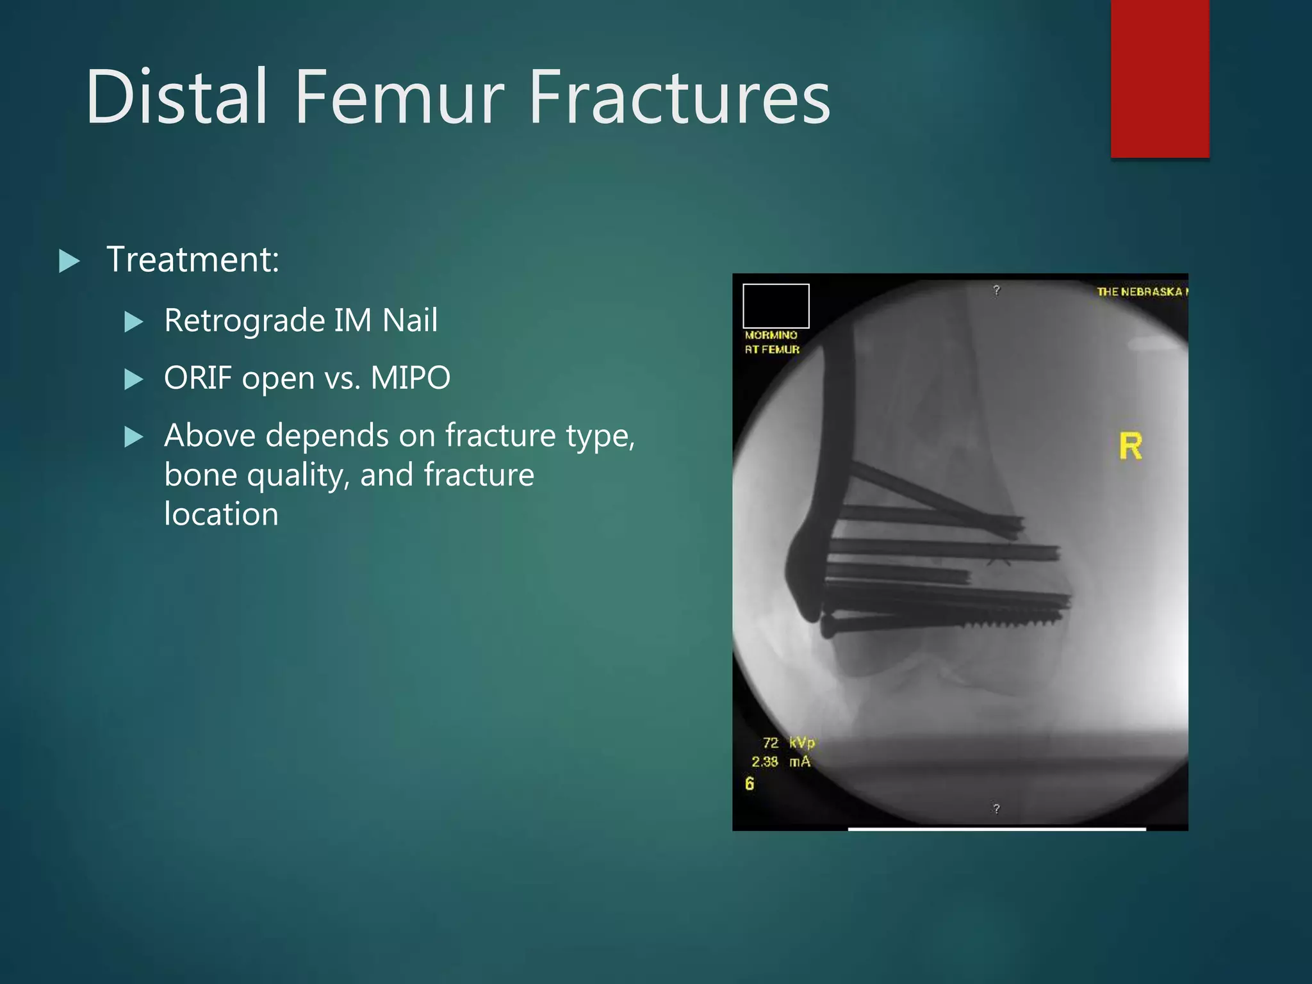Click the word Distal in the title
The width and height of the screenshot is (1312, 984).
[176, 97]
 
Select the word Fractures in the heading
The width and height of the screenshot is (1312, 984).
[680, 97]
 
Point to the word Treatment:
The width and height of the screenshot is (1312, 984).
[193, 259]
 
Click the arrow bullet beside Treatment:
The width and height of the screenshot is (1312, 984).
[69, 261]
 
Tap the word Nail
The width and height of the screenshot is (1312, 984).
[410, 320]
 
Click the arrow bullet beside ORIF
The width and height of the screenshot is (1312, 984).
[133, 379]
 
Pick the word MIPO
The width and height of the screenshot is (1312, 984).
[411, 378]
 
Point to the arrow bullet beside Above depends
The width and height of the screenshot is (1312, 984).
[133, 437]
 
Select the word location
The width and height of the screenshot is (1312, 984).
[221, 514]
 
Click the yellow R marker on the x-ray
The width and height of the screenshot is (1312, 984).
[1130, 447]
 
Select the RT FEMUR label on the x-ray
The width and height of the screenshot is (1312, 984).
[772, 350]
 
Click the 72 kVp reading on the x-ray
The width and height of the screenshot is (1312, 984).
[789, 742]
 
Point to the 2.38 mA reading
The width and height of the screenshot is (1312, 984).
[781, 762]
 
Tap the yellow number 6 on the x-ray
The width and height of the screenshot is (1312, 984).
[750, 784]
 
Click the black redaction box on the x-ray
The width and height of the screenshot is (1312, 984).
[776, 306]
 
